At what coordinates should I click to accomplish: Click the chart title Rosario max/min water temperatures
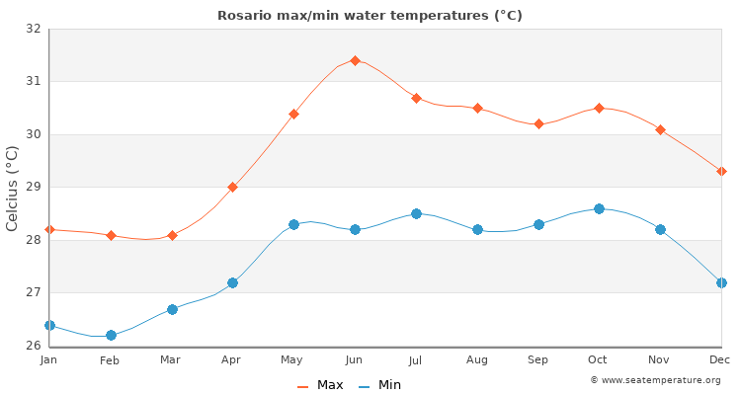[x=370, y=15]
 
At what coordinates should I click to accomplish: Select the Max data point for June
[x=355, y=60]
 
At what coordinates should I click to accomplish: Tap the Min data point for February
[x=111, y=335]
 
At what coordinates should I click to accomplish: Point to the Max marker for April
[x=232, y=187]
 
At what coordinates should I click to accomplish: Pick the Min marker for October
[x=599, y=208]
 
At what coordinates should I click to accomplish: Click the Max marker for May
[x=293, y=114]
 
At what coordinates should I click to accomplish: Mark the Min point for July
[x=416, y=213]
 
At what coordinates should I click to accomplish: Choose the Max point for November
[x=660, y=129]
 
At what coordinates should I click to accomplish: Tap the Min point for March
[x=172, y=309]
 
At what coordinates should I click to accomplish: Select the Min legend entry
[x=379, y=385]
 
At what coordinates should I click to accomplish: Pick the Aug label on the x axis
[x=477, y=360]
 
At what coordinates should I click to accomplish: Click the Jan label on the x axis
[x=49, y=360]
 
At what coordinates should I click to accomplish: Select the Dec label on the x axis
[x=720, y=360]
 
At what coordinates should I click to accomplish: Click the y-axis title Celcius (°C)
[x=12, y=188]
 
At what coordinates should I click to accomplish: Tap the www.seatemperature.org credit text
[x=655, y=380]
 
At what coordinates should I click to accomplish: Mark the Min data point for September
[x=538, y=224]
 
